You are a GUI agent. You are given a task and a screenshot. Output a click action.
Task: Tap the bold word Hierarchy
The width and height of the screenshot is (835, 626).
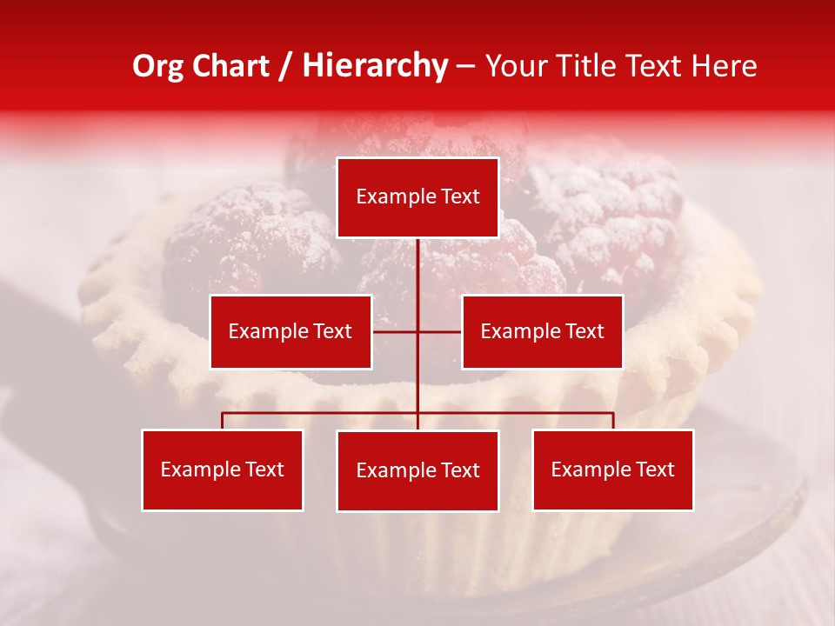375,66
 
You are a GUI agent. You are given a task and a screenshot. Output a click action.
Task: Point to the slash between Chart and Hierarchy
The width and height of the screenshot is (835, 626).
285,66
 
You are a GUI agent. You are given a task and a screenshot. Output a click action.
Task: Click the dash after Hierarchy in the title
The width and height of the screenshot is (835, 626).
465,66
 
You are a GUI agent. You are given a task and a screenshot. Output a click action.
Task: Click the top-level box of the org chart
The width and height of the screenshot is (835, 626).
417,197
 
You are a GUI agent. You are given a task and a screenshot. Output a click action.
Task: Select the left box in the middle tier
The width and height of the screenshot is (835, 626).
291,331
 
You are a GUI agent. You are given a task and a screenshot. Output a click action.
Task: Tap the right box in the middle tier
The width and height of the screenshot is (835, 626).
542,331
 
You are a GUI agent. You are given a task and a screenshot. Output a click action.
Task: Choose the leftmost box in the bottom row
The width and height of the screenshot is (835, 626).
223,469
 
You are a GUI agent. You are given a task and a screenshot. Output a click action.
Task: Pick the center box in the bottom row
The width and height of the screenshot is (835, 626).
417,470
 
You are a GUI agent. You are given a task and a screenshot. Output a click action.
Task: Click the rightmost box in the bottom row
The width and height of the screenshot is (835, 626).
613,469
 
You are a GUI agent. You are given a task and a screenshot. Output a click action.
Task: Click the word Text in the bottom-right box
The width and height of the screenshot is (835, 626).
654,469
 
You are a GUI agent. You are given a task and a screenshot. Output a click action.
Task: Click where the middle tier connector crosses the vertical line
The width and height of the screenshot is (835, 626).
417,331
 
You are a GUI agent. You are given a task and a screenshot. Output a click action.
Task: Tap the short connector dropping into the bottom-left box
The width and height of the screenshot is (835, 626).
223,421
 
